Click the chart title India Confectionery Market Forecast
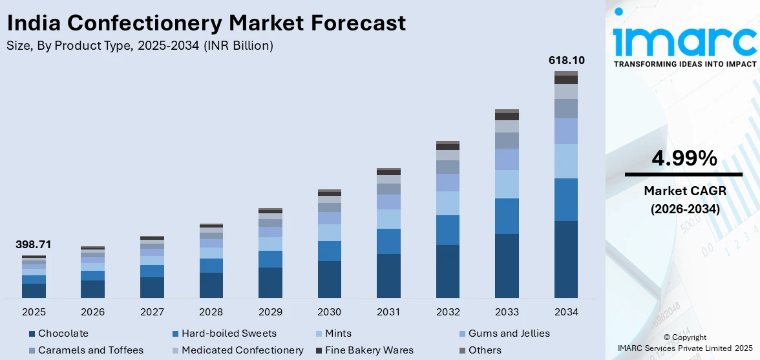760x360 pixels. point(206,23)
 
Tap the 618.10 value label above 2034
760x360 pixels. point(566,60)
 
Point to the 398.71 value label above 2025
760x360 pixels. point(33,245)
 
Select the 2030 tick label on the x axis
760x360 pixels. point(329,312)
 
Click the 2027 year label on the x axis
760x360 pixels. point(152,312)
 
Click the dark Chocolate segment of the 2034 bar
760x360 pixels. point(566,259)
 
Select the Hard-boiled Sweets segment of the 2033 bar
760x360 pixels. point(507,216)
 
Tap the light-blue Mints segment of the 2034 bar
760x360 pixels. point(566,161)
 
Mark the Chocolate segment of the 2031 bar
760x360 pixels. point(388,275)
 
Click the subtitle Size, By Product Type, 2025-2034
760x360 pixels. point(140,45)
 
